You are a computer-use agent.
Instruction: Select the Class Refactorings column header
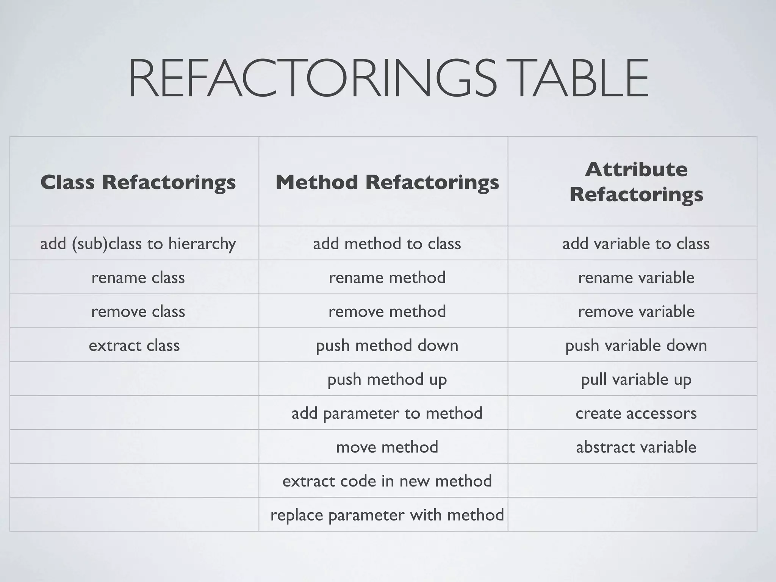[x=138, y=182]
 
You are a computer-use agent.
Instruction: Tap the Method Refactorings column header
[x=387, y=182]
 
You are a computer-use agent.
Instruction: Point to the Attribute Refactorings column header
[x=636, y=182]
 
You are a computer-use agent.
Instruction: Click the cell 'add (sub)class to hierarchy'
[x=138, y=244]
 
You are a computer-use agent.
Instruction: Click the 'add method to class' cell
[x=387, y=244]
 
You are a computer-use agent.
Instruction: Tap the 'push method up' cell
[x=387, y=379]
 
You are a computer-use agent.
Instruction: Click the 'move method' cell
[x=387, y=447]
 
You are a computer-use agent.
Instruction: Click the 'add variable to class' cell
[x=636, y=244]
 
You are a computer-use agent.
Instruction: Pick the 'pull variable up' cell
[x=636, y=379]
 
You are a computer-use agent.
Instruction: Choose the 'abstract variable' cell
[x=636, y=447]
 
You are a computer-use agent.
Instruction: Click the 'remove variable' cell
[x=636, y=311]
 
